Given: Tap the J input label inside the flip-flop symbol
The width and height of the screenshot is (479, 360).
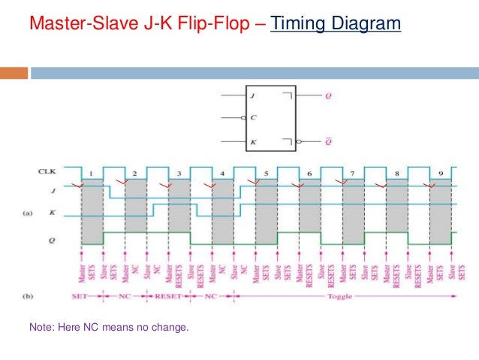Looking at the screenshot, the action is (x=253, y=95).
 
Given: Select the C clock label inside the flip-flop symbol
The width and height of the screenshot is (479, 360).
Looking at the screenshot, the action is (x=253, y=118).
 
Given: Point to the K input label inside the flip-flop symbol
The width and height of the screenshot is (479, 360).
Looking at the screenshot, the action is (x=253, y=141).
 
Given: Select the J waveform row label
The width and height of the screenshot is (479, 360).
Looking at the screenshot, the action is (x=55, y=191).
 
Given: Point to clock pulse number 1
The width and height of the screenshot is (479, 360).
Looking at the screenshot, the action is (x=92, y=174).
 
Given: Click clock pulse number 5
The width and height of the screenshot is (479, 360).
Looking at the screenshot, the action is (x=266, y=174).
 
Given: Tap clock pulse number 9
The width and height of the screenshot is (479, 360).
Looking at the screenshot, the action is (x=440, y=174).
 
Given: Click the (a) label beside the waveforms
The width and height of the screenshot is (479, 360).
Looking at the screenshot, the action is (x=28, y=214).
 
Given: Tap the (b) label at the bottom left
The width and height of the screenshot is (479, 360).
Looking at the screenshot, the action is (x=28, y=297).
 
